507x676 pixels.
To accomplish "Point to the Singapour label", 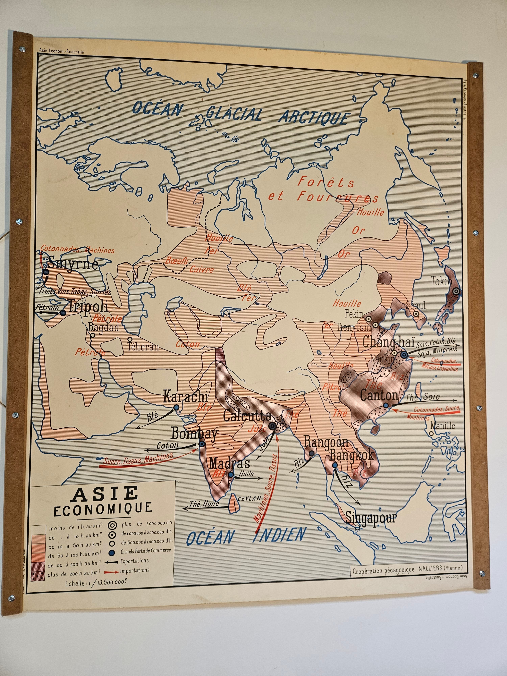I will (x=371, y=518).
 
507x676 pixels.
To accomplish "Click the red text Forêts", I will (x=326, y=183).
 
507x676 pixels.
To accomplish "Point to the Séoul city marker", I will (x=416, y=313).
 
